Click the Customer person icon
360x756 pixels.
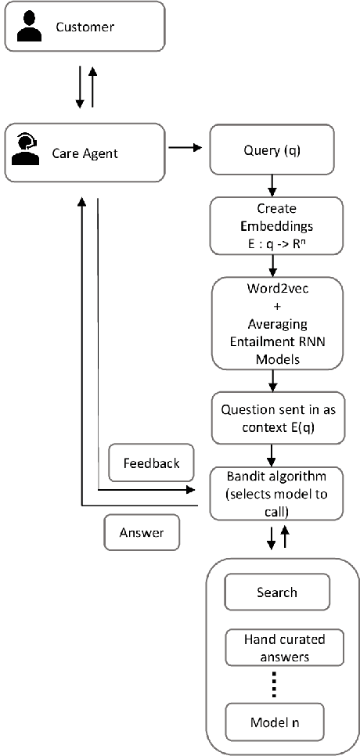click(28, 27)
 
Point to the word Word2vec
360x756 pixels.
click(276, 287)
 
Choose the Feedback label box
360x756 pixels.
click(151, 463)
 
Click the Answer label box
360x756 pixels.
click(142, 533)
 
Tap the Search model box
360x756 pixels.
click(276, 592)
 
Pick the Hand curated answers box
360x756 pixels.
click(276, 646)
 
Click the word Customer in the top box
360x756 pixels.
click(85, 27)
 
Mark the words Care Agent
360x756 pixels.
click(85, 153)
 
